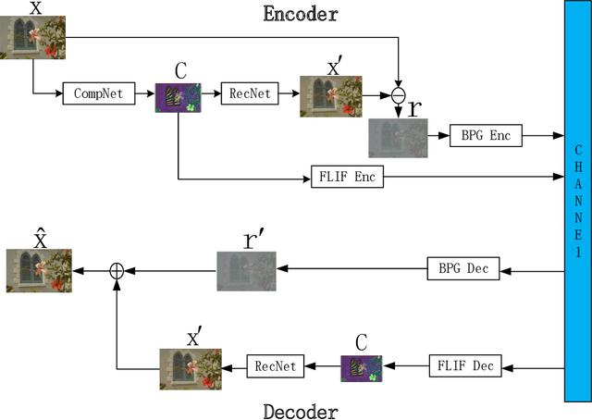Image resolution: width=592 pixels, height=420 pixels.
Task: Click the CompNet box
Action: click(96, 93)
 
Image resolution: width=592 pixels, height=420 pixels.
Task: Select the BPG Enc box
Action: click(486, 135)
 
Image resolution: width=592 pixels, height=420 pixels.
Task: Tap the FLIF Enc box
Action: click(347, 176)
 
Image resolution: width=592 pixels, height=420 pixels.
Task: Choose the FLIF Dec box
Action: click(464, 365)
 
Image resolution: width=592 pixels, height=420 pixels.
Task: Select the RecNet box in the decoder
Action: click(275, 366)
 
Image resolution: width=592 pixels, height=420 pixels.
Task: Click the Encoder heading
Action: click(301, 14)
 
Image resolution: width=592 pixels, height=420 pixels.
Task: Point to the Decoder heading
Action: click(301, 411)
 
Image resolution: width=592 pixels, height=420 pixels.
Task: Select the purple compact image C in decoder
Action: click(362, 368)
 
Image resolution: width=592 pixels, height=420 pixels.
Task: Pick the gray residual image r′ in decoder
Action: click(247, 272)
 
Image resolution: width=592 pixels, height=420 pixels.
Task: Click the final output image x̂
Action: click(39, 272)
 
